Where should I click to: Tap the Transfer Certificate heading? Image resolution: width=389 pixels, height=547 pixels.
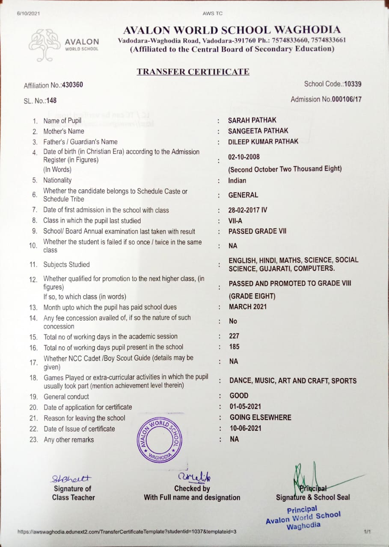193,72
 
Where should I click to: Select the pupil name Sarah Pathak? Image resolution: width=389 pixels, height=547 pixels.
252,121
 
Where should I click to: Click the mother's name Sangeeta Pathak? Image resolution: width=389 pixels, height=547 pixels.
258,131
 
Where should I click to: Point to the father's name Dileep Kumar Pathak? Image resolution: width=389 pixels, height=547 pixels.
263,141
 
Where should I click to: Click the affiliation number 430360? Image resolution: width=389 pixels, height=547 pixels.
72,85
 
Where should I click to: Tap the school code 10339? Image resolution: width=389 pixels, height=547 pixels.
353,84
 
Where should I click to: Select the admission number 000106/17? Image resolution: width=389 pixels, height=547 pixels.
347,100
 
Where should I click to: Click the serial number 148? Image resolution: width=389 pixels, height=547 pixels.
51,101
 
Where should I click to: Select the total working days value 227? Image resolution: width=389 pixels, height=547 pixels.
234,336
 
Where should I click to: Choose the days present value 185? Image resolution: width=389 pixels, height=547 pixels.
234,347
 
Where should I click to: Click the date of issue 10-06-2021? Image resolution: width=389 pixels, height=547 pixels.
245,428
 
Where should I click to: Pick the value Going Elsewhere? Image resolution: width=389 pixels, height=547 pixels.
260,418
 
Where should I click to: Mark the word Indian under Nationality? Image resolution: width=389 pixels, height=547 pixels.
237,180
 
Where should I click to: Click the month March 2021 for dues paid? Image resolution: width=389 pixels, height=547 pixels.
248,307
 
